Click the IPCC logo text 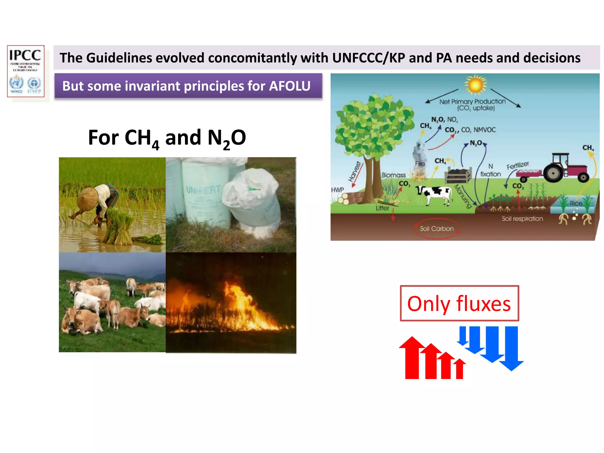click(x=25, y=55)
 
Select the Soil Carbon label click(x=436, y=229)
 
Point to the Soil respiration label click(x=522, y=219)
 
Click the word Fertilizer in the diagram click(x=518, y=165)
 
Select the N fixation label click(x=490, y=170)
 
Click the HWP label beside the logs click(x=337, y=190)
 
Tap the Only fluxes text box click(x=459, y=303)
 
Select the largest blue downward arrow click(x=511, y=348)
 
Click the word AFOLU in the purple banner click(x=290, y=86)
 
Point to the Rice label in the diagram click(x=576, y=203)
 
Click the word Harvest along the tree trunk click(x=354, y=171)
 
